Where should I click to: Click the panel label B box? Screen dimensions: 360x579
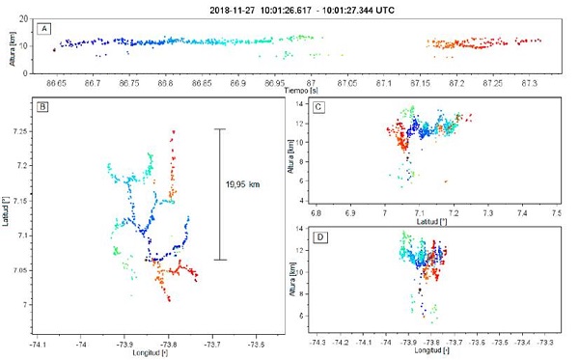pos(42,107)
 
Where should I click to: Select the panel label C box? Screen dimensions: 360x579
pos(318,107)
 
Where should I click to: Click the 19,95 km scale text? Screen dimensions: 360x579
pos(243,184)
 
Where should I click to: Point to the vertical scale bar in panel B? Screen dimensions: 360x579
pos(219,194)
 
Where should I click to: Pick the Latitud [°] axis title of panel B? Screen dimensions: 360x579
pos(8,211)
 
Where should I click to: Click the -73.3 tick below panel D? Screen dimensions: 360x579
pos(545,341)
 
